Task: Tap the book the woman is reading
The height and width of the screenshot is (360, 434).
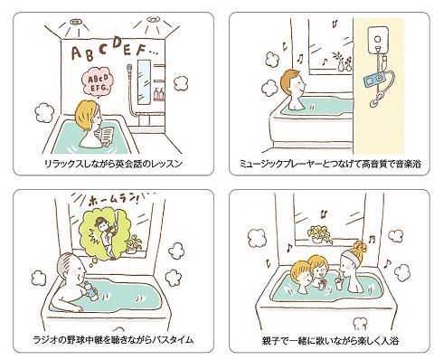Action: tap(107, 135)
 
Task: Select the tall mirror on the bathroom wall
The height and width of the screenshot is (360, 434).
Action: tap(144, 82)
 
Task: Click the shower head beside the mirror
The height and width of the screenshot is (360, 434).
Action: tap(129, 67)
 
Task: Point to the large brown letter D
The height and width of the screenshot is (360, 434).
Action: tap(118, 43)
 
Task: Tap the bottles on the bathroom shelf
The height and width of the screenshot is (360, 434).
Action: tap(159, 94)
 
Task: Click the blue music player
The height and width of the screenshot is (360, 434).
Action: tap(374, 80)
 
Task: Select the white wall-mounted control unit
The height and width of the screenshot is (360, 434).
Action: tap(377, 40)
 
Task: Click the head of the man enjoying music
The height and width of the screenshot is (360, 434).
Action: tap(292, 83)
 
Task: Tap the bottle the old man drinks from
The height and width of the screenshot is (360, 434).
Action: tap(90, 290)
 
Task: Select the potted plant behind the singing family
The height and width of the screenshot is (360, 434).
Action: tap(319, 234)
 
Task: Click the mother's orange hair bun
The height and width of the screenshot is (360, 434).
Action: tap(360, 247)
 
